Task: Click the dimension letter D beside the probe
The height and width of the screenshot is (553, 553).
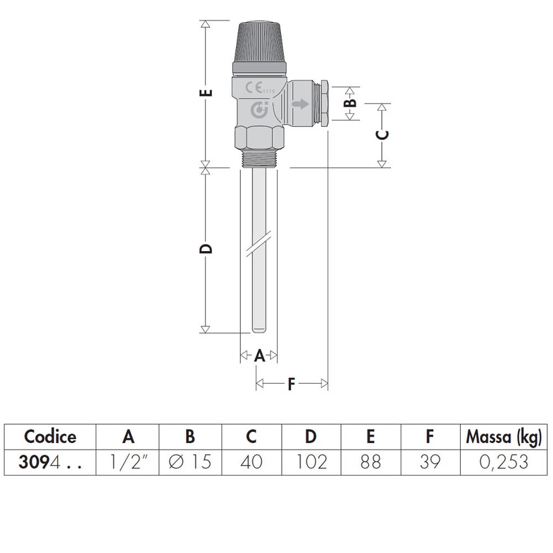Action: (206, 249)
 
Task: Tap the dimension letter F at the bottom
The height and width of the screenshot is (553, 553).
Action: (291, 384)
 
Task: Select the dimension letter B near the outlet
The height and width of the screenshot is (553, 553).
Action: (351, 102)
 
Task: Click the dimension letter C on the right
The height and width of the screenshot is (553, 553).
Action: (383, 134)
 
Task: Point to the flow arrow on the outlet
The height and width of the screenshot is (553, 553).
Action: (300, 103)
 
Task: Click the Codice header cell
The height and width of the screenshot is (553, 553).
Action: (50, 437)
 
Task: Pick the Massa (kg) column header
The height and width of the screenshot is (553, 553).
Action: (503, 437)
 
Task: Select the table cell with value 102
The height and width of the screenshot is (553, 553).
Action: (311, 462)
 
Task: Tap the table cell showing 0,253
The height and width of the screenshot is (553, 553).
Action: (503, 462)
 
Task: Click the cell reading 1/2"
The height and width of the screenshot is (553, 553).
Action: (128, 462)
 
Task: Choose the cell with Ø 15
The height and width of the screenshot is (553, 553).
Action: (191, 462)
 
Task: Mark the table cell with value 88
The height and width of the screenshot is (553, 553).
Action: (370, 462)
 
